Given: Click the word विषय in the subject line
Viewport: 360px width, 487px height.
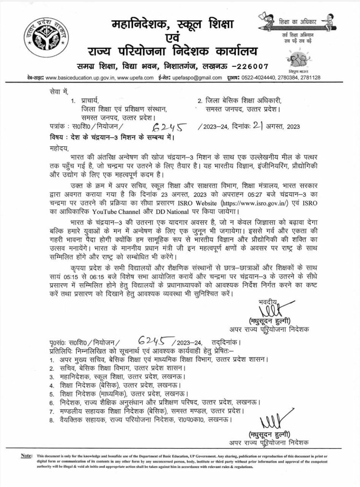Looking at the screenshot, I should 57,137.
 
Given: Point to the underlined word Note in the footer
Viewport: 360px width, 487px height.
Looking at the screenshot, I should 26,455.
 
